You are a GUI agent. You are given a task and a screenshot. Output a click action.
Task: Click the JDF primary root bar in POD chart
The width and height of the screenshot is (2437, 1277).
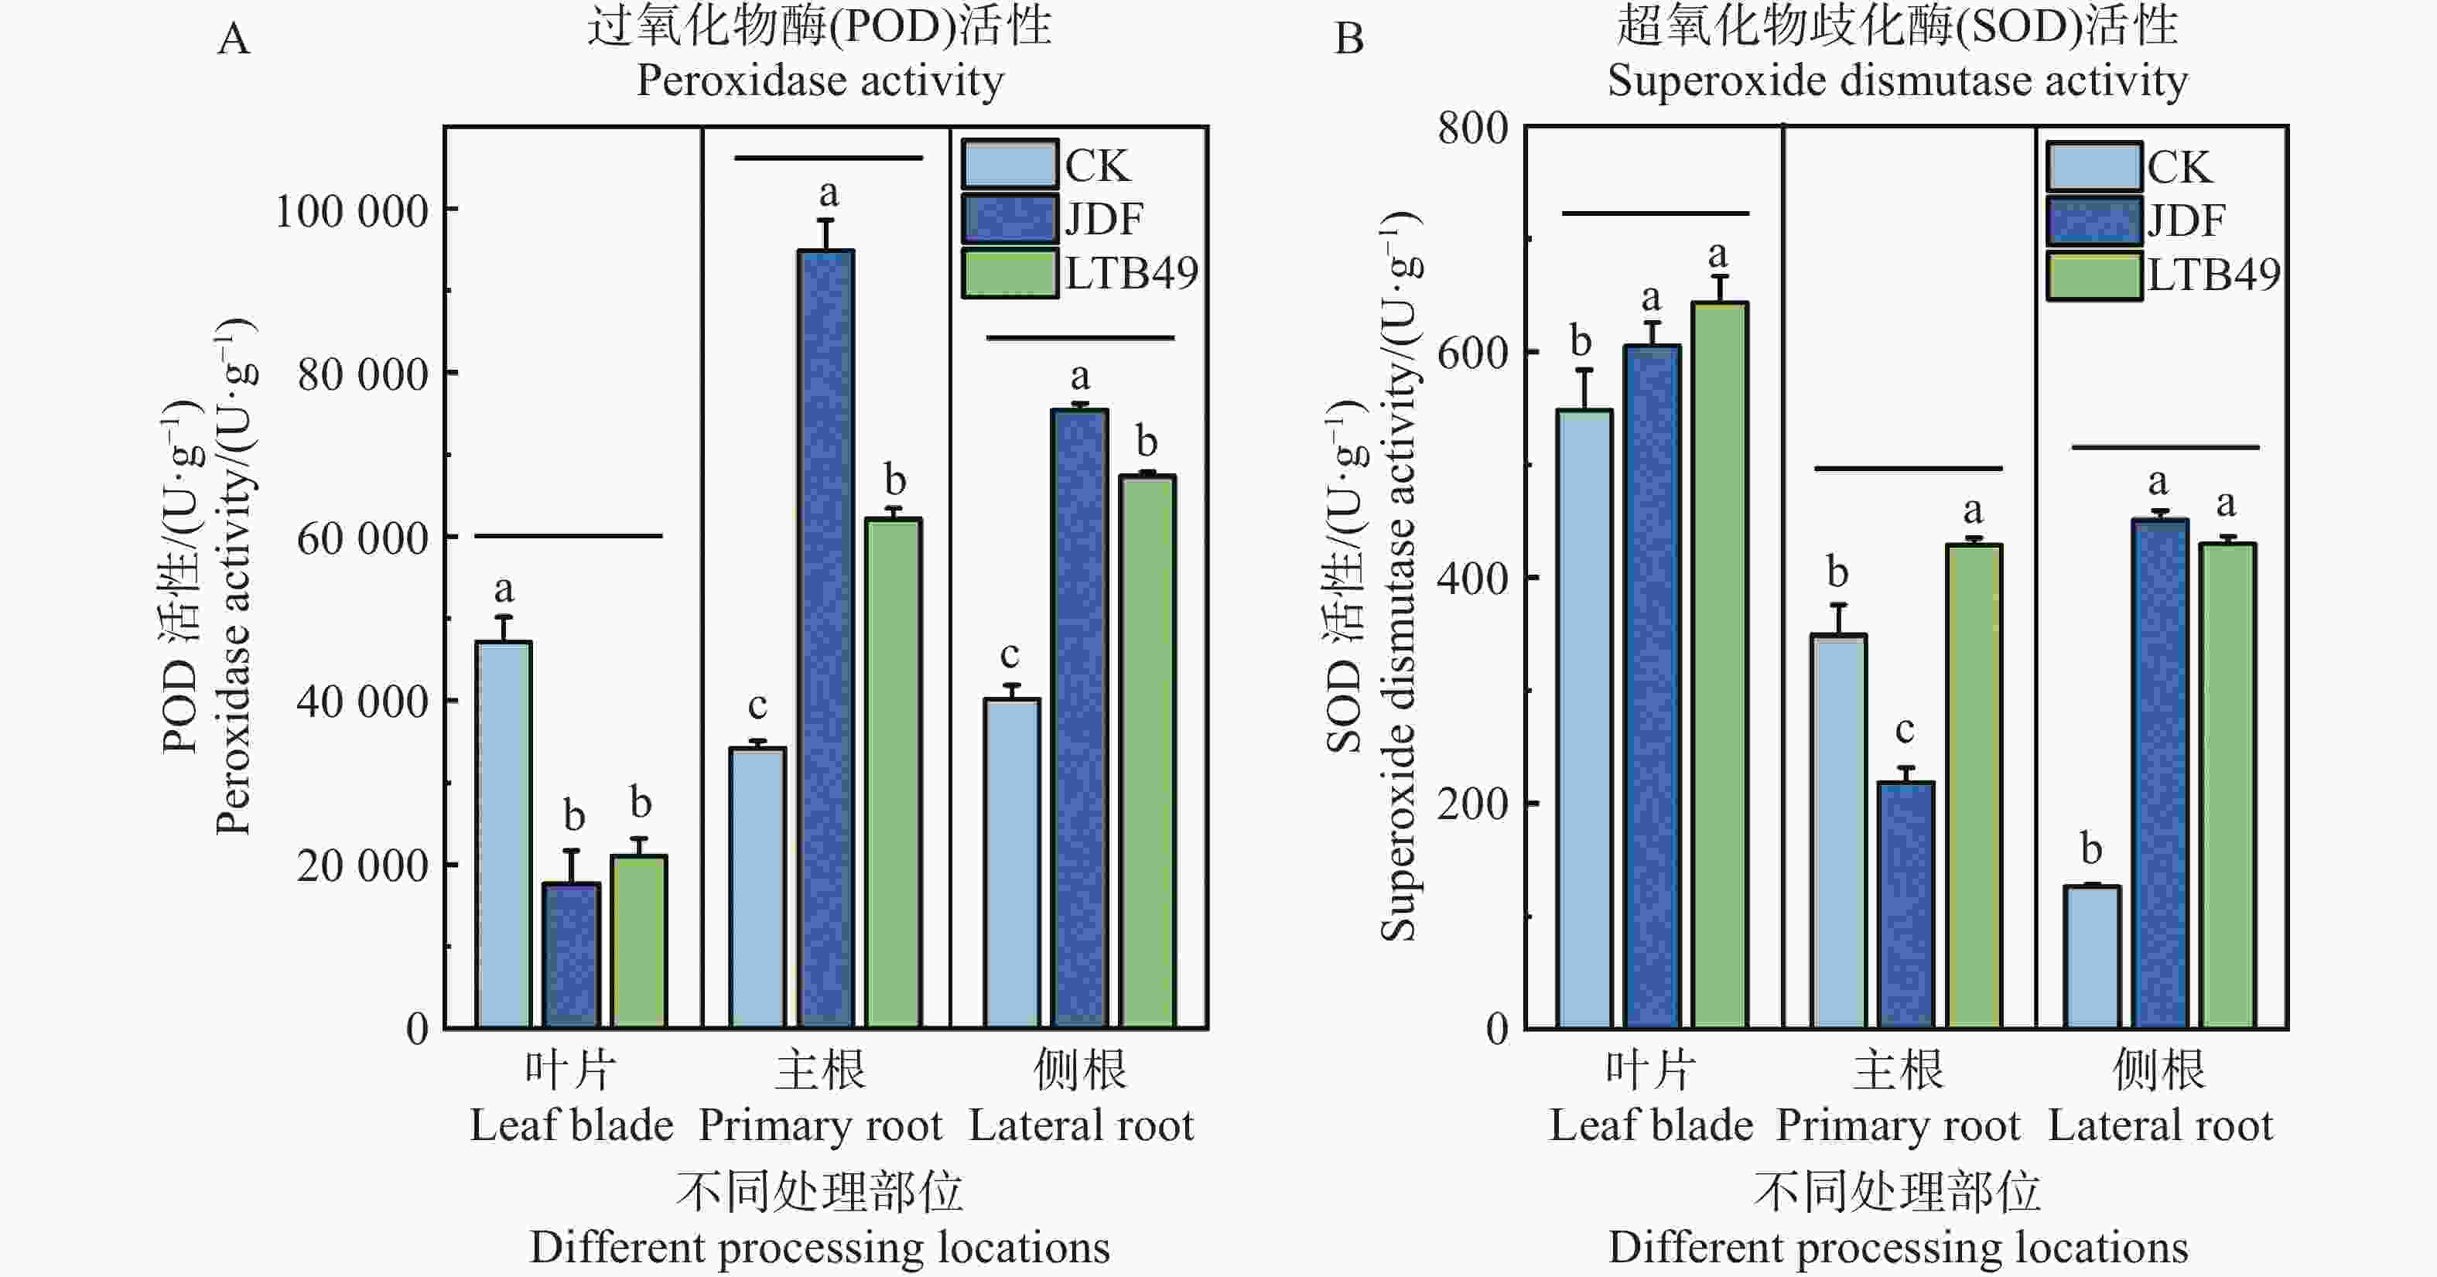826,639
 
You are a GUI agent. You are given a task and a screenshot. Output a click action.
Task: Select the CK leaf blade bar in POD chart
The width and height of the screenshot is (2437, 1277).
504,835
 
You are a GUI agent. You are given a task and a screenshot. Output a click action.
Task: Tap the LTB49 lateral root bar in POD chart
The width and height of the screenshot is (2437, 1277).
1147,751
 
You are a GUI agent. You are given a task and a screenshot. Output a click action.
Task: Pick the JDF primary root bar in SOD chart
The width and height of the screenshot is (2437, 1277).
1906,904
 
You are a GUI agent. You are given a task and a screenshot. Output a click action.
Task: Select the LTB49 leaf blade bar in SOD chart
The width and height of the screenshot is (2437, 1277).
1720,665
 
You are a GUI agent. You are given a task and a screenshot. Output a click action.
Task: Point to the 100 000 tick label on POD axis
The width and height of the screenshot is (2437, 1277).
351,210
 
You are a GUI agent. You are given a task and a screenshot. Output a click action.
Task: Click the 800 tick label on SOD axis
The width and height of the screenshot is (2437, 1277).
1472,128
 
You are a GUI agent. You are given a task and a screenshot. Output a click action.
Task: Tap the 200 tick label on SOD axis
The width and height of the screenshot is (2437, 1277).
1472,803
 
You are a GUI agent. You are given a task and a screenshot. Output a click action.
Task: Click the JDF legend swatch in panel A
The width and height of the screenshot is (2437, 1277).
1010,219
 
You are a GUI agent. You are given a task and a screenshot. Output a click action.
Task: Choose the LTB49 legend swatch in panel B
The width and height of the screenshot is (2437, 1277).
2093,275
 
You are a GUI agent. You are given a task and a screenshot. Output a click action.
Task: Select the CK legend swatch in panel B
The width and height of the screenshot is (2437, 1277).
2093,166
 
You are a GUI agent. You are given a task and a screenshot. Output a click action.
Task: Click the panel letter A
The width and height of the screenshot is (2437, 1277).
234,39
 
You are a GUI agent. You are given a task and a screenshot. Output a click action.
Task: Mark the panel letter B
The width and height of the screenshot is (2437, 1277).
1348,39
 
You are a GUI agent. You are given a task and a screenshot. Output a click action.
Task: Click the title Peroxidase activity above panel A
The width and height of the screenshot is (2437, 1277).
819,80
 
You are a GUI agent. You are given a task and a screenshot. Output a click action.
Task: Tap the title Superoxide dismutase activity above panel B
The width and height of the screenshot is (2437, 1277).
1897,80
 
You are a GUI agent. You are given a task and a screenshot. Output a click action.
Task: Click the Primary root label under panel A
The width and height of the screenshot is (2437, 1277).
820,1125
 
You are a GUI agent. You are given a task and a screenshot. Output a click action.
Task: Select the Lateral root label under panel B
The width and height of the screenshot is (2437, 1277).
2160,1125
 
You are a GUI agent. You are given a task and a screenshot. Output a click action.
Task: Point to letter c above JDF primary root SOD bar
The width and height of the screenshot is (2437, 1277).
1905,729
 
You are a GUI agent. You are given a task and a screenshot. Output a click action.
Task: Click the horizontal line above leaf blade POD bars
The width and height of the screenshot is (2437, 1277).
568,536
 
